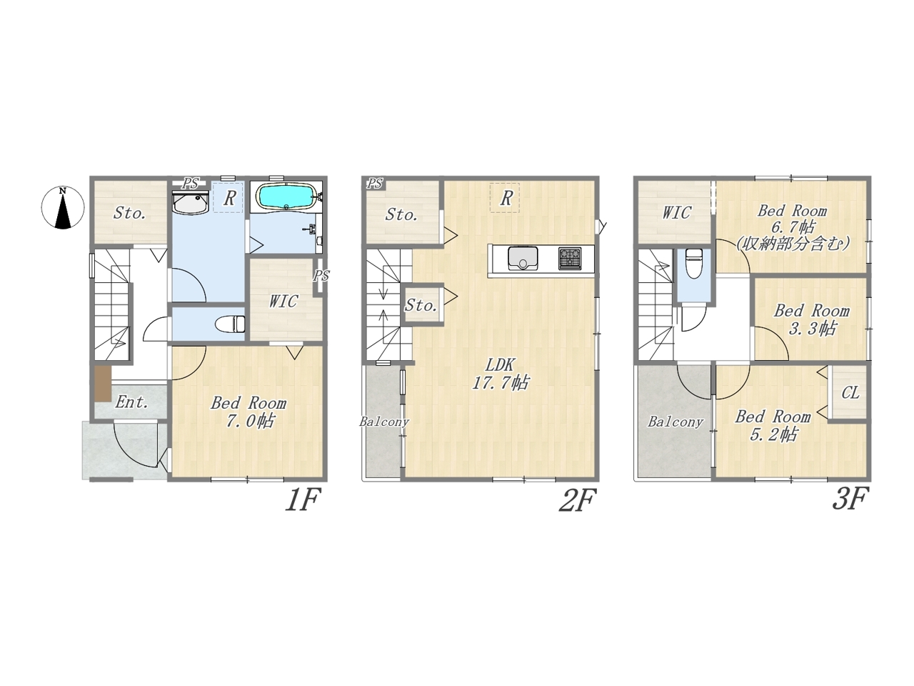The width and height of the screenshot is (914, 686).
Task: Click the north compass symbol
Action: point(62,207)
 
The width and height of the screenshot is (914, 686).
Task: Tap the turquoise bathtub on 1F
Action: point(286,197)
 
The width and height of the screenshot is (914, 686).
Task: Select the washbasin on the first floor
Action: point(190,203)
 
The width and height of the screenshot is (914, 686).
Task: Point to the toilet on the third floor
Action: point(693,263)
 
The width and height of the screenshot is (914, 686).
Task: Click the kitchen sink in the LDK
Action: point(523,258)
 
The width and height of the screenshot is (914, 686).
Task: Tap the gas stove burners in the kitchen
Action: point(570,258)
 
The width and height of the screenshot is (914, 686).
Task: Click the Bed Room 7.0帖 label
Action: point(248,412)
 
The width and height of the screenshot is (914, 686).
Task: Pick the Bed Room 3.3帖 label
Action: point(812,320)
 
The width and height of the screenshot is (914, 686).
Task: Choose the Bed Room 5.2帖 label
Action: point(773,425)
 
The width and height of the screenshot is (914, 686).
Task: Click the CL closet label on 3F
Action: point(850,392)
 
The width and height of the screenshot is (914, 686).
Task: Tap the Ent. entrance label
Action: point(131,402)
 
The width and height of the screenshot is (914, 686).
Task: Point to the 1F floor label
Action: point(302,499)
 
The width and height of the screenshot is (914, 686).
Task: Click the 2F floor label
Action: point(577,499)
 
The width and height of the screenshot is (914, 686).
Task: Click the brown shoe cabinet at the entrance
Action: point(102,384)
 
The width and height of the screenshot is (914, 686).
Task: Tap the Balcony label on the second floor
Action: point(384,422)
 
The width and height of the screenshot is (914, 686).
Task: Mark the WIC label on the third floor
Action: point(677,212)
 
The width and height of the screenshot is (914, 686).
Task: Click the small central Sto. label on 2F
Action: point(421,305)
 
